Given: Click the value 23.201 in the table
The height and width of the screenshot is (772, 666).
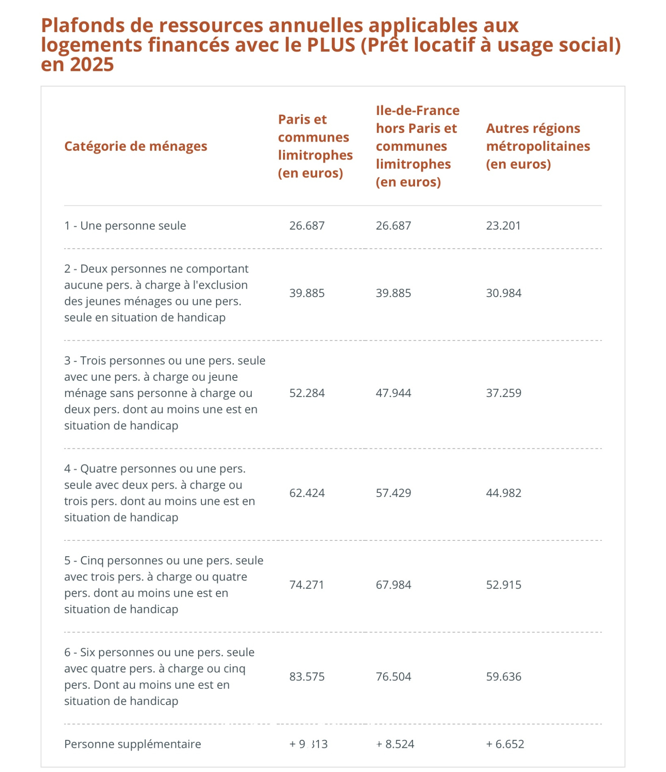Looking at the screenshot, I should click(503, 225).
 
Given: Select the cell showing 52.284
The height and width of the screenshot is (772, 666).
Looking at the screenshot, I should click(307, 393).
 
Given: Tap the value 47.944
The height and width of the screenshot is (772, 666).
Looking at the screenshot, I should click(393, 393).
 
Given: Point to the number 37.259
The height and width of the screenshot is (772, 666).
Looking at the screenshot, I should click(504, 393).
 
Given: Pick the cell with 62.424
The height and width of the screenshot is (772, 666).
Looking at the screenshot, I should click(307, 493).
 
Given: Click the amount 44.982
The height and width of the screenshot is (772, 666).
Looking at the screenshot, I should click(504, 493).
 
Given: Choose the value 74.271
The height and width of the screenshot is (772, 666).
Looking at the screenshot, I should click(306, 585).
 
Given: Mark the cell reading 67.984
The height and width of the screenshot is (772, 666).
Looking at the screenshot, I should click(393, 585).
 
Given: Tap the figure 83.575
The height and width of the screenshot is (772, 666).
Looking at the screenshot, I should click(307, 676).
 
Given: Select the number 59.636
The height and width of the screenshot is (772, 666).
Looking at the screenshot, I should click(504, 676).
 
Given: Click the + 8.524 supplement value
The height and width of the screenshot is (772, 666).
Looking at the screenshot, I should click(395, 744).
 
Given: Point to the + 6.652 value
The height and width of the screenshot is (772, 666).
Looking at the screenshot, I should click(505, 744).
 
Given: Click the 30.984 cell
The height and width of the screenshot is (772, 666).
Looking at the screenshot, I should click(504, 293).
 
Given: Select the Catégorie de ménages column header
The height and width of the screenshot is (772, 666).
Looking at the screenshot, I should click(136, 146).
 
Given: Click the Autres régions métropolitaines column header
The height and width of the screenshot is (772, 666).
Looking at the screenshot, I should click(538, 146).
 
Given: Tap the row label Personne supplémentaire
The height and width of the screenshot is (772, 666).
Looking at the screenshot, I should click(132, 744).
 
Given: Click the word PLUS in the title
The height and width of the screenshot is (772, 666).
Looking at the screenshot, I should click(331, 45).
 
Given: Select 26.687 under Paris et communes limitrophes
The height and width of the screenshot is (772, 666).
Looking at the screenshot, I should click(307, 225).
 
